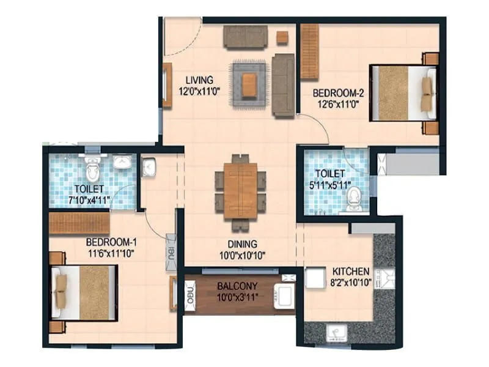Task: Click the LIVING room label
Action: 199,80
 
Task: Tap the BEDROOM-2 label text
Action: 338,93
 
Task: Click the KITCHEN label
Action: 350,271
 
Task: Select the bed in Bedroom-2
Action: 403,94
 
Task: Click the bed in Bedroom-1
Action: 84,291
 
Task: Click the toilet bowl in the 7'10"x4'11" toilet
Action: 92,168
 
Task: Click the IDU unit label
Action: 170,251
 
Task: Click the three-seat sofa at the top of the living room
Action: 244,36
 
